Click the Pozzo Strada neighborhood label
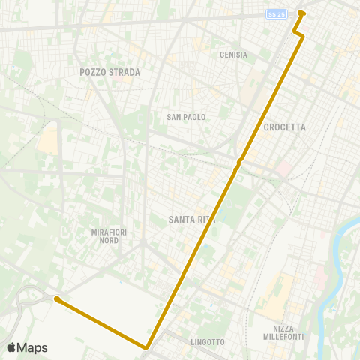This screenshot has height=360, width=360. (109, 72)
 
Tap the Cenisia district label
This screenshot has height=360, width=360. (233, 55)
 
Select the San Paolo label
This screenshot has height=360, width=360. (186, 117)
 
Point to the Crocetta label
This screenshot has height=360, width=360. (285, 127)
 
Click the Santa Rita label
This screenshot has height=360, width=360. (187, 220)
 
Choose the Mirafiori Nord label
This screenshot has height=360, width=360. (109, 236)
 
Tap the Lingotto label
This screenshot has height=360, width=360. (208, 342)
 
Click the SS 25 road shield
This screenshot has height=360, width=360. (277, 13)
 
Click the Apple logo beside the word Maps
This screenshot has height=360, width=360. (11, 347)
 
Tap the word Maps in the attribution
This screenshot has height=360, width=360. (32, 347)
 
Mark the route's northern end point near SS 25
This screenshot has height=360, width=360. (301, 13)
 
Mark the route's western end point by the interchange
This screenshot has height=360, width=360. (58, 300)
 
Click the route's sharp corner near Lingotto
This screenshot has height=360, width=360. (147, 346)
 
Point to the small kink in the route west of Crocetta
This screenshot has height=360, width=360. (238, 163)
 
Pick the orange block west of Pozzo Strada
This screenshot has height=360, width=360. (48, 139)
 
